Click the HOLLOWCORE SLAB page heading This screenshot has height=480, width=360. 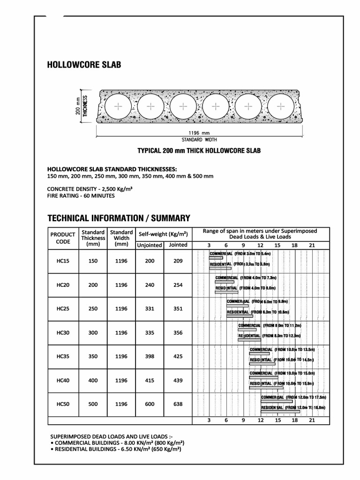click(84, 65)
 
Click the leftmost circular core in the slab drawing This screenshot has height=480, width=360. click(119, 107)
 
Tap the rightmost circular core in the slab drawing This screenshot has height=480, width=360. click(282, 107)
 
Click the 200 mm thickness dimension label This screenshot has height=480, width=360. click(78, 107)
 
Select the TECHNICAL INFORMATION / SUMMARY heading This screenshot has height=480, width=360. click(119, 218)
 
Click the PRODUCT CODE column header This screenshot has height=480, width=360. click(63, 238)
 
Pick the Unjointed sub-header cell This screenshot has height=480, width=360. click(150, 245)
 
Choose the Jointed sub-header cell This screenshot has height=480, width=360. click(178, 245)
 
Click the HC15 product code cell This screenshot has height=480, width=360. click(63, 261)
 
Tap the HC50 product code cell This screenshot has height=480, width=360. click(63, 404)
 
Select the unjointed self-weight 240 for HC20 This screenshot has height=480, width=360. click(150, 285)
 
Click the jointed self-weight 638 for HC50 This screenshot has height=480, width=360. click(178, 404)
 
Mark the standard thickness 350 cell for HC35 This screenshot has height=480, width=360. click(93, 356)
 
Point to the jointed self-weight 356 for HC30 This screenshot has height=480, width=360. click(178, 332)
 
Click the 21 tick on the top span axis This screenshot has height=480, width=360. click(312, 245)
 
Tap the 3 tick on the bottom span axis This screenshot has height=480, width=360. click(209, 421)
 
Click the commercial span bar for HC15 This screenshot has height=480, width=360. click(216, 258)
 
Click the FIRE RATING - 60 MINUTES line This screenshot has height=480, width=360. click(81, 195)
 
